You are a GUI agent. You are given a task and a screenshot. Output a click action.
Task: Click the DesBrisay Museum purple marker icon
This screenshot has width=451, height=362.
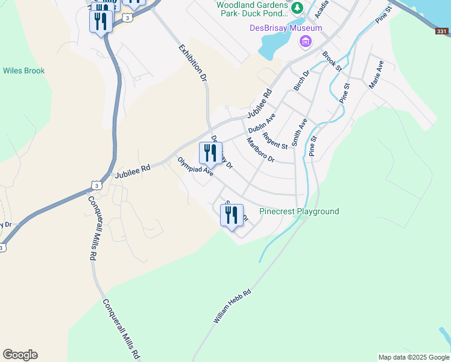306,41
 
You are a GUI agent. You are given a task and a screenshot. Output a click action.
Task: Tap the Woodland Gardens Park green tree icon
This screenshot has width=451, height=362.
297,8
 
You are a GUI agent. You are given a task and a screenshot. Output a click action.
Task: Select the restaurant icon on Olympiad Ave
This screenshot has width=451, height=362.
210,153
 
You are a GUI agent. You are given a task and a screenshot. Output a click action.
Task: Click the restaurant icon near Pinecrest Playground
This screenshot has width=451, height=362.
232,216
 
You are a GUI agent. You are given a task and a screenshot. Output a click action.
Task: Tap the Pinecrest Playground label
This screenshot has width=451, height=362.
299,211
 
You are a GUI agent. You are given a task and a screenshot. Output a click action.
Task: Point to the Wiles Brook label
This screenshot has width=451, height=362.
24,71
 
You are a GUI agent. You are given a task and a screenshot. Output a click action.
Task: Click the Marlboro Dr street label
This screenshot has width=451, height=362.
260,150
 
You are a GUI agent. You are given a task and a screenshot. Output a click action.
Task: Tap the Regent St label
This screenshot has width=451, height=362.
276,143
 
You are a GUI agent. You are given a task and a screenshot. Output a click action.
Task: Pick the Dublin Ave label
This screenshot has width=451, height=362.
262,124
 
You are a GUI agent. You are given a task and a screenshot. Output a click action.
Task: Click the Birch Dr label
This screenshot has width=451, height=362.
301,81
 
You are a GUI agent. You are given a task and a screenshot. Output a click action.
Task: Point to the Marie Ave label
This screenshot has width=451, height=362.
376,74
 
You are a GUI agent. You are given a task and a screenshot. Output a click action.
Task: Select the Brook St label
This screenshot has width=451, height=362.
332,62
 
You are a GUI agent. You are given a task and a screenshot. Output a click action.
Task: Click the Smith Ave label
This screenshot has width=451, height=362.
300,132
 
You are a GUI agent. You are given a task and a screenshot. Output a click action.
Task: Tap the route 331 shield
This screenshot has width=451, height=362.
442,31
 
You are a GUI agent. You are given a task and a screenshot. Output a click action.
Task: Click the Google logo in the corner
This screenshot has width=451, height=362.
20,355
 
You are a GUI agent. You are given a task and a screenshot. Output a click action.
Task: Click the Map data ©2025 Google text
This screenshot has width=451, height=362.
414,357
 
